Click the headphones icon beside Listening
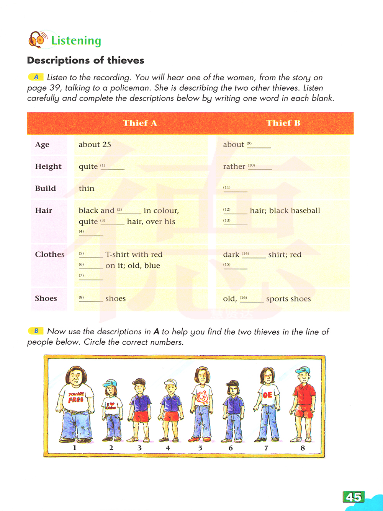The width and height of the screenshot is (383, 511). click(x=37, y=40)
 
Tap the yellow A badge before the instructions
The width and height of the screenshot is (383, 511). click(x=36, y=77)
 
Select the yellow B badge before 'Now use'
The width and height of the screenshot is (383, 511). click(x=36, y=331)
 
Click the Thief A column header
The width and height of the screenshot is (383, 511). click(x=140, y=123)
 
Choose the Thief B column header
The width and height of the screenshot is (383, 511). click(x=283, y=123)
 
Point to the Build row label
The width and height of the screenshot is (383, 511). click(x=46, y=188)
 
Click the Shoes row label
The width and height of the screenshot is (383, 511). click(x=46, y=298)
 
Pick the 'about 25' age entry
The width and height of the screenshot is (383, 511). click(x=95, y=145)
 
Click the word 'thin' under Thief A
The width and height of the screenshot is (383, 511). click(x=87, y=189)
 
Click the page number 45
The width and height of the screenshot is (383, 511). click(x=354, y=497)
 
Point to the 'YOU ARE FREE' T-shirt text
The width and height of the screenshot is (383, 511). click(x=76, y=397)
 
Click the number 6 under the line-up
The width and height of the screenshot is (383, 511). click(x=231, y=448)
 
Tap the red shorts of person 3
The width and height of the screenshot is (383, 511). click(x=141, y=416)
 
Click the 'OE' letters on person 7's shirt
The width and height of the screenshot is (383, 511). click(x=267, y=395)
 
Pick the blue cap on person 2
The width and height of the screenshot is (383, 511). click(x=110, y=382)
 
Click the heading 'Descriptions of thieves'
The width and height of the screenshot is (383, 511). click(x=85, y=60)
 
